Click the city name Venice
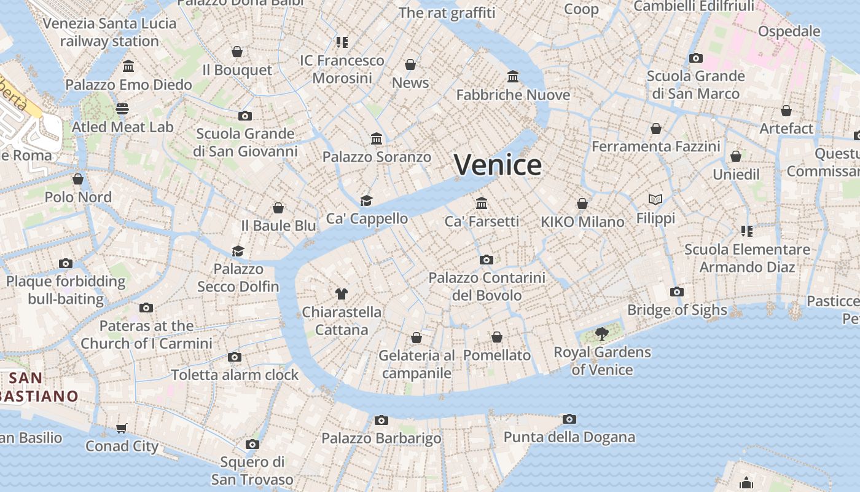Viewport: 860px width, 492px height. point(498,165)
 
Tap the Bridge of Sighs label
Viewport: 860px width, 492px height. point(677,310)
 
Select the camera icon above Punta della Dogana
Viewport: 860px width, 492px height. point(569,419)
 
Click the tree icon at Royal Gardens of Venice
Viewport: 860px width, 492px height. point(602,334)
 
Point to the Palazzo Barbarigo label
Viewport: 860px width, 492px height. point(381,438)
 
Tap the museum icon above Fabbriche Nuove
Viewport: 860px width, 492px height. point(513,77)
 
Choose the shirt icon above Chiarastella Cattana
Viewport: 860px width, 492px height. point(342,294)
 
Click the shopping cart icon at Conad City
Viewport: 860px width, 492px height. point(122,428)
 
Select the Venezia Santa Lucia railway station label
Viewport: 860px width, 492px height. point(109,33)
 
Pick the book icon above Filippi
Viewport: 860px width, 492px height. point(655,200)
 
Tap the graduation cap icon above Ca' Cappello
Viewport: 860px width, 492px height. point(367,200)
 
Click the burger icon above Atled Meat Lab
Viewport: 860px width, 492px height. point(122,109)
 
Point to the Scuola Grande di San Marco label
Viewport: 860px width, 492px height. point(695,85)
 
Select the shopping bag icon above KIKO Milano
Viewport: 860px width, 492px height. point(582,204)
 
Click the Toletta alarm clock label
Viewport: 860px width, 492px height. point(235,375)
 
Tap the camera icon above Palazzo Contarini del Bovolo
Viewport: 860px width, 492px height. point(487,260)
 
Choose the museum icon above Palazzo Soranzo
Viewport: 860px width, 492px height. point(377,139)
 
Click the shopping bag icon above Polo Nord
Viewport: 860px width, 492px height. point(78,179)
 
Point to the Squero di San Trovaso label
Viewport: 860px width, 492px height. point(252,470)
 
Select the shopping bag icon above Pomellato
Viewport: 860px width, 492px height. point(496,337)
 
